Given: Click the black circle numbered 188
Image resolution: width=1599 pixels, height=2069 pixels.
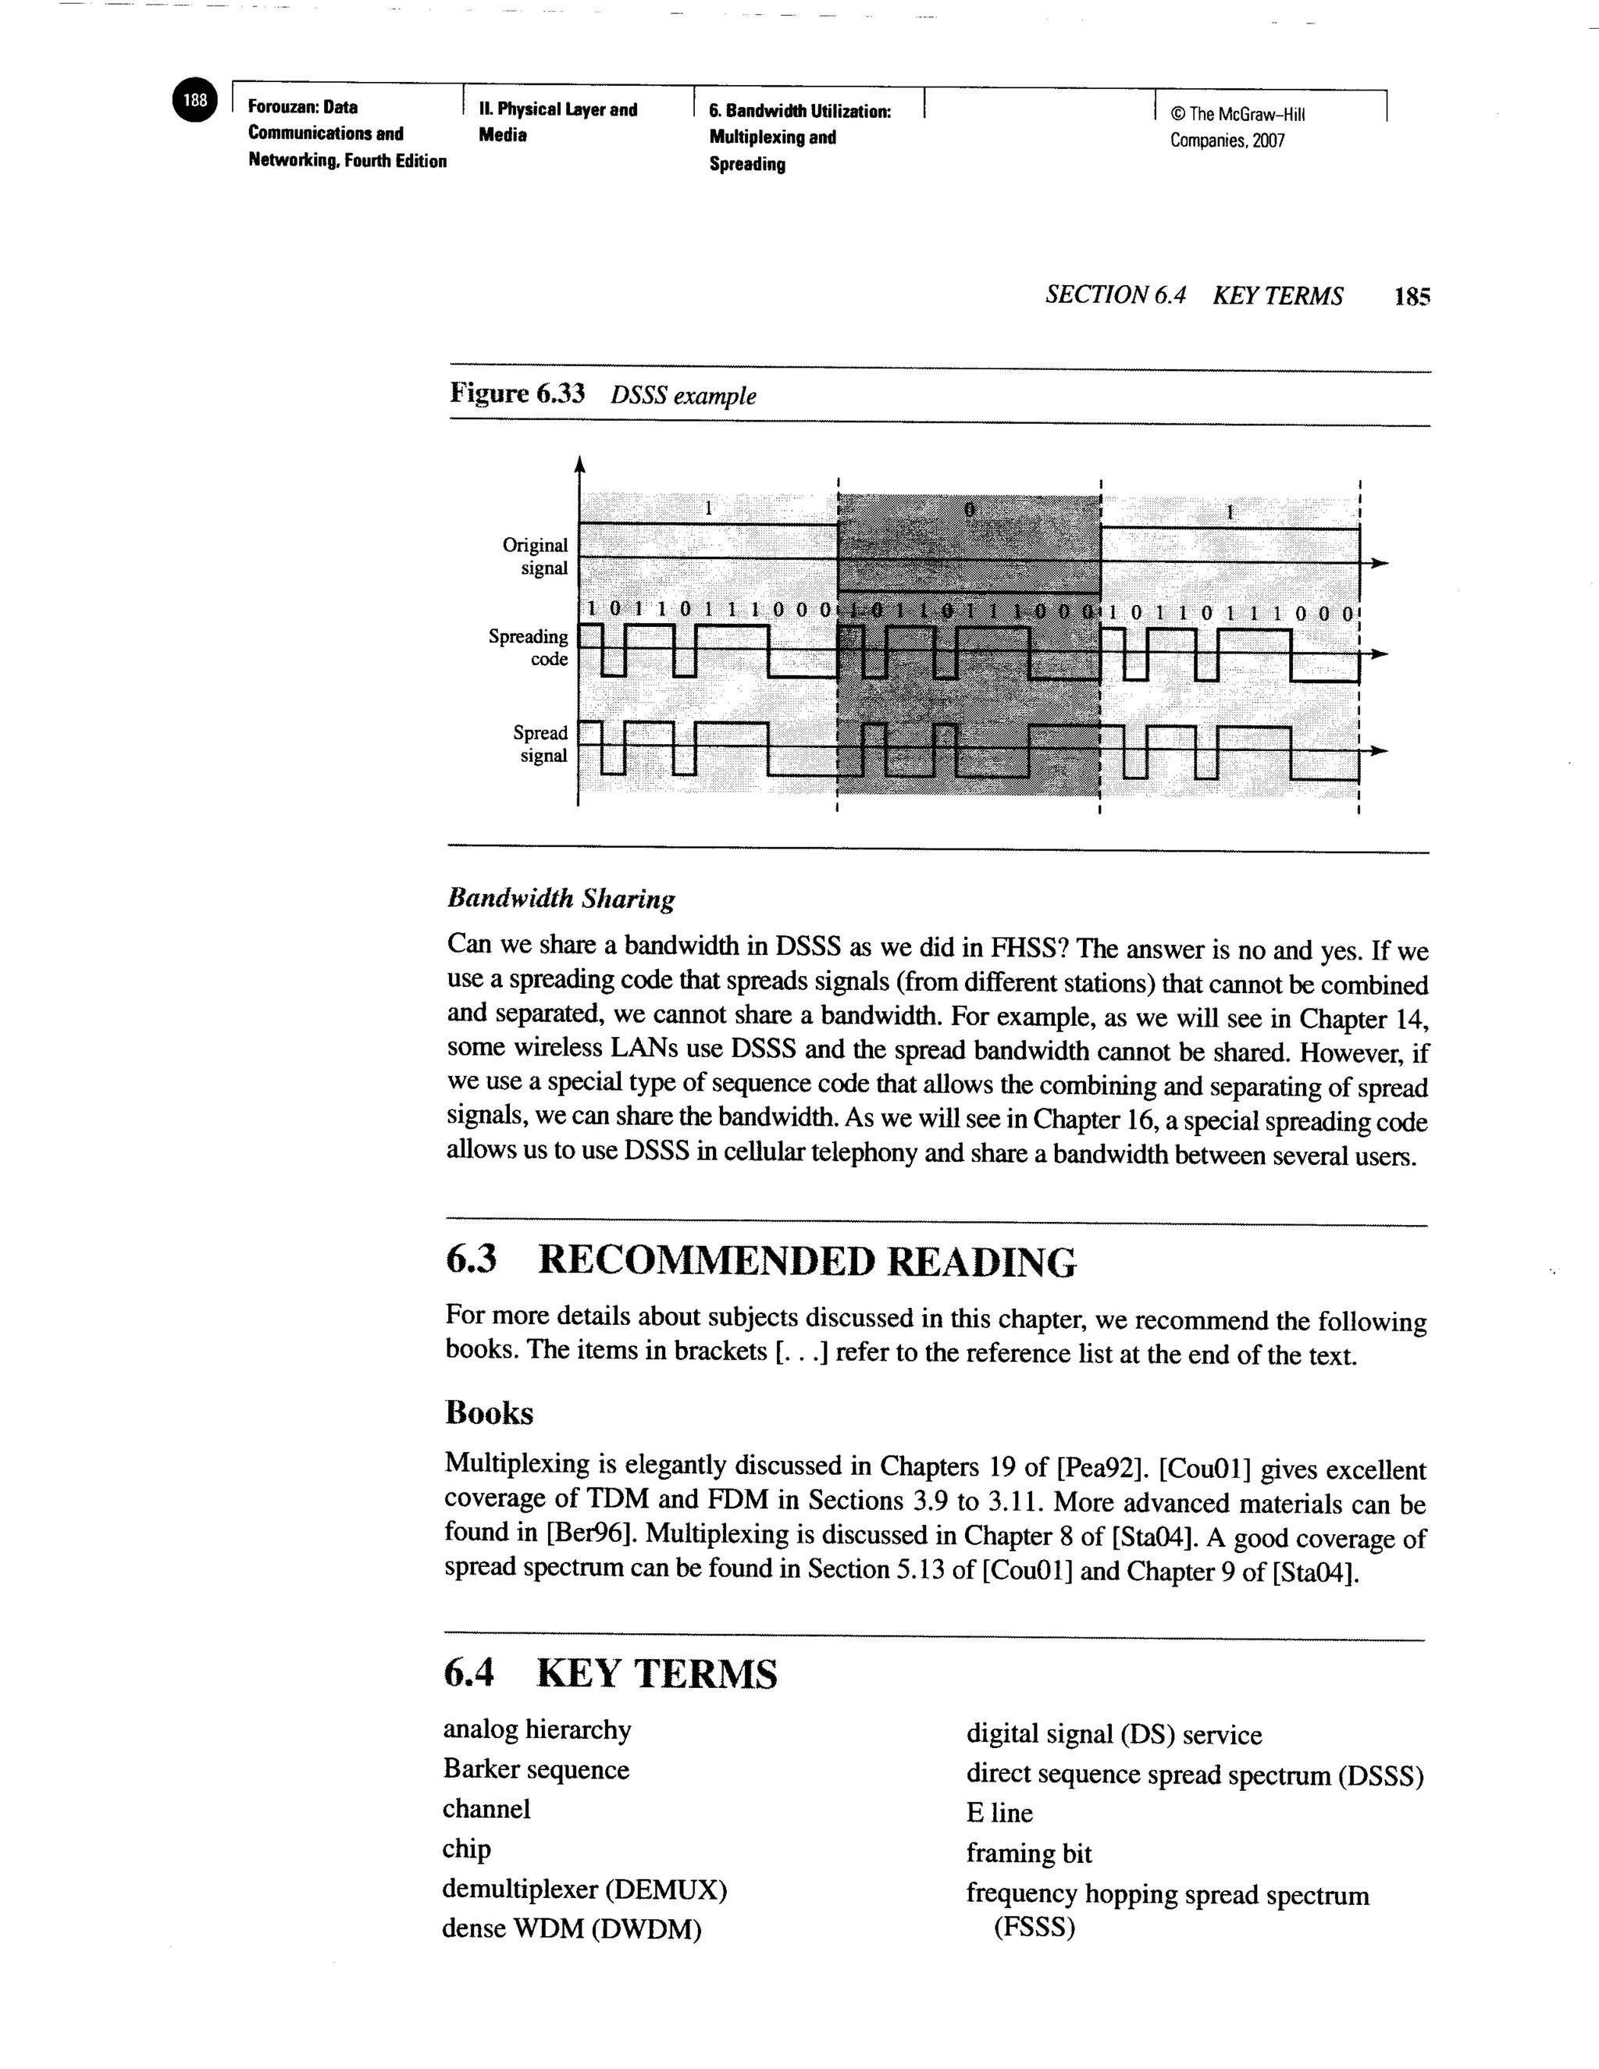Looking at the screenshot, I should click(195, 101).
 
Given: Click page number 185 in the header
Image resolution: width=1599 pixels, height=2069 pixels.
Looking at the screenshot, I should click(1412, 297).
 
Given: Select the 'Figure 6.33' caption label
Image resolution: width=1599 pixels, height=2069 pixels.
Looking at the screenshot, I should click(516, 394).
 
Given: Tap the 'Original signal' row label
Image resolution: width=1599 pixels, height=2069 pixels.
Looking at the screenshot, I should click(535, 556).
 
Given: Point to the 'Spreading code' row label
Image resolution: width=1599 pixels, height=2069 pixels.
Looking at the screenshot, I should click(529, 647).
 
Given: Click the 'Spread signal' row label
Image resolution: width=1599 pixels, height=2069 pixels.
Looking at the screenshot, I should click(540, 743).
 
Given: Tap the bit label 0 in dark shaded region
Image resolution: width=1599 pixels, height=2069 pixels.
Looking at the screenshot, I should click(969, 510).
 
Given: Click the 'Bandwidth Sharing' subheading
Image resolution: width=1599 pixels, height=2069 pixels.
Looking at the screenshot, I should click(561, 898).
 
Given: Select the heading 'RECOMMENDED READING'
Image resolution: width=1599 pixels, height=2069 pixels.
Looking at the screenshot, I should click(806, 1262).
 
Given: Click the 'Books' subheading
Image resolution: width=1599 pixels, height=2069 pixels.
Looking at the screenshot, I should click(489, 1412).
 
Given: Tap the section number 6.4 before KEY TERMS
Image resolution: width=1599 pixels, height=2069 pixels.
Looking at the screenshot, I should click(469, 1673).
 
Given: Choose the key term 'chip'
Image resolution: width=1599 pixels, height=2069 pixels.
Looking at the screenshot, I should click(466, 1848).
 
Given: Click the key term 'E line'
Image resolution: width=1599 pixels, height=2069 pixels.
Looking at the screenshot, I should click(999, 1812).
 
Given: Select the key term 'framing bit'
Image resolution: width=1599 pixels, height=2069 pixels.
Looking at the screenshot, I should click(1029, 1852).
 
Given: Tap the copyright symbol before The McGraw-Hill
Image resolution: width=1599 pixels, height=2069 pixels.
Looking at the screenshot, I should click(1177, 115).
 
